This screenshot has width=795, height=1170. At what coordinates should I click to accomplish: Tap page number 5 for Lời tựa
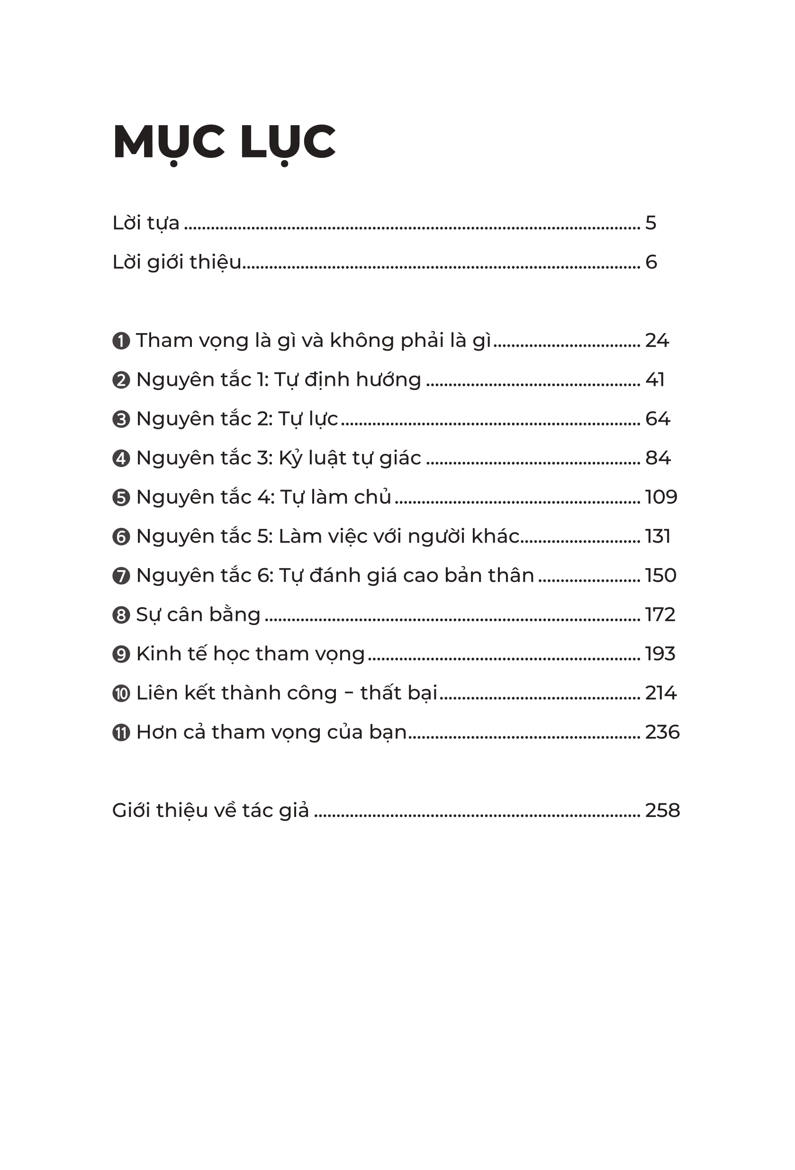(650, 223)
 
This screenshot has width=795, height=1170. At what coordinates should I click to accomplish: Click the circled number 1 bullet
(121, 341)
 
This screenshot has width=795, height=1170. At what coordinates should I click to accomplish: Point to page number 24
(657, 341)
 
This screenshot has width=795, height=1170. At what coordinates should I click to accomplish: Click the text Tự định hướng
(347, 380)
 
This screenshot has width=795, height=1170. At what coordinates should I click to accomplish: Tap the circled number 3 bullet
(121, 419)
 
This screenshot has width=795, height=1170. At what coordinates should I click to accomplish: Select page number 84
(658, 458)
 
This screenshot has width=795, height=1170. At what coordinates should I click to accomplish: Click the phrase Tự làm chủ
(335, 498)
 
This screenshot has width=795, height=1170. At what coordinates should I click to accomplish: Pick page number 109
(660, 498)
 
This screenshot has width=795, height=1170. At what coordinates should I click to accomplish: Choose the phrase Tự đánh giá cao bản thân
(407, 576)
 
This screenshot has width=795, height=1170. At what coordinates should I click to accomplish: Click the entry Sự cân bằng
(199, 615)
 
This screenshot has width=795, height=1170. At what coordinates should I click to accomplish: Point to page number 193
(659, 654)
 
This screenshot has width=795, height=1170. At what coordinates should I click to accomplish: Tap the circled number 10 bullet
(121, 694)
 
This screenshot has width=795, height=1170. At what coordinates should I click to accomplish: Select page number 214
(660, 693)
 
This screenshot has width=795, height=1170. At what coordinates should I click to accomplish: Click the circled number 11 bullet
(121, 733)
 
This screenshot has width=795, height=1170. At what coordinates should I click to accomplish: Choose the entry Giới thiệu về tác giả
(210, 810)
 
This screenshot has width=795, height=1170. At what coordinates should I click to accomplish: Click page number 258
(662, 810)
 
